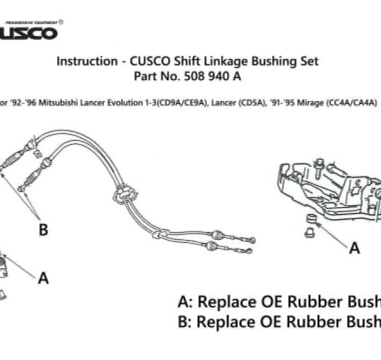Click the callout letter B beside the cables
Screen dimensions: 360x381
tap(43, 230)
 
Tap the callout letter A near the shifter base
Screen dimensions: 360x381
tap(354, 248)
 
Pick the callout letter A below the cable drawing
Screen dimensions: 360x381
tap(43, 277)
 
